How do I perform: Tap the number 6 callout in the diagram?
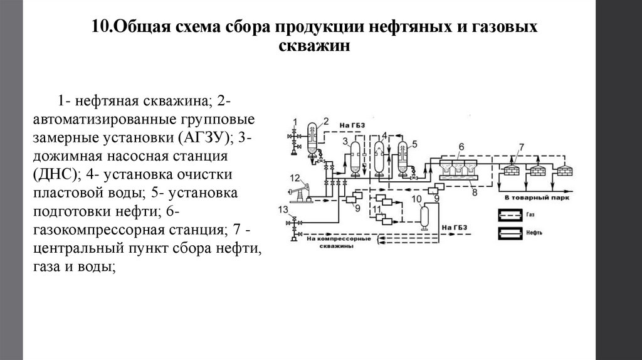460,147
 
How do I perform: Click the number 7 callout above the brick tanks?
520,147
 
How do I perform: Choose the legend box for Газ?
512,214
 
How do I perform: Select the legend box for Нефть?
512,233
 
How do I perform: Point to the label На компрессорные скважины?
339,241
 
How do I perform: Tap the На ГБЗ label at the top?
352,125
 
